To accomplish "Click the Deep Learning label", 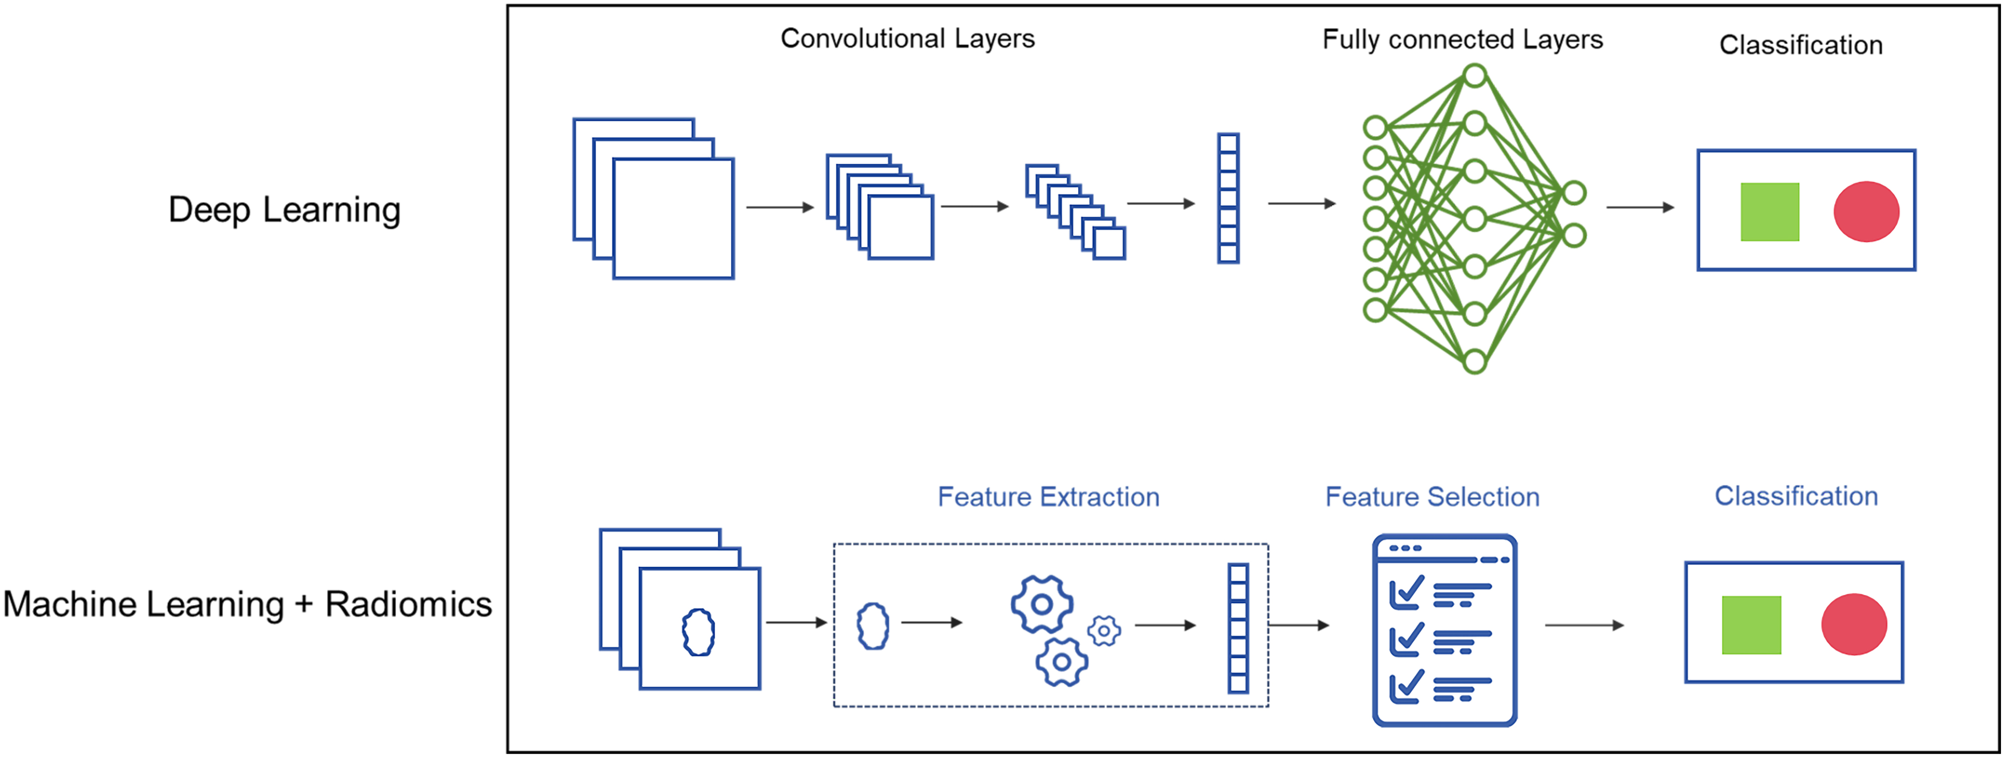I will point(285,210).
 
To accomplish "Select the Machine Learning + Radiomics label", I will point(248,604).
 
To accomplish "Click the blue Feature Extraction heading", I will point(1048,497).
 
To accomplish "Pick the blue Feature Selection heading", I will point(1432,497).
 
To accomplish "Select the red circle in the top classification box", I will point(1866,212).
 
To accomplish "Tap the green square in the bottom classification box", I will point(1751,625).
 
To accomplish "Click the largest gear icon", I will point(1042,604).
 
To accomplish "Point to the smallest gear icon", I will point(1104,631).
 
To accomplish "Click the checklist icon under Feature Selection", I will point(1445,630).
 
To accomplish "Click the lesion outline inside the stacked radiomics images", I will point(699,632).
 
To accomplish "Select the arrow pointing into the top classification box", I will point(1640,207).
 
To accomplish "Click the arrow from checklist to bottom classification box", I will point(1584,625).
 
